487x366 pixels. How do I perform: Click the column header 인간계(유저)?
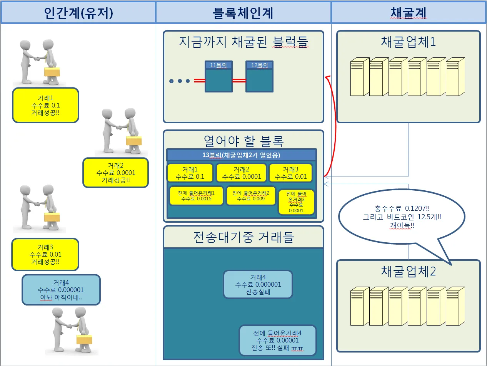click(x=78, y=13)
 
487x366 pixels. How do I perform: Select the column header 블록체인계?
click(x=243, y=13)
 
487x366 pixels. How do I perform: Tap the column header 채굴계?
click(x=409, y=13)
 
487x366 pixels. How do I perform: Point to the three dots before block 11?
click(x=180, y=81)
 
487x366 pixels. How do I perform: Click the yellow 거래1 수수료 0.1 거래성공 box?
click(x=45, y=105)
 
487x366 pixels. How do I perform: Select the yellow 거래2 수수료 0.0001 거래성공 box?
click(x=115, y=173)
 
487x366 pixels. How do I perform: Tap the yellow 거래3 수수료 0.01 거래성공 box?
click(x=45, y=254)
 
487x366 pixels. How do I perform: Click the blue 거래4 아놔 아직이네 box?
click(x=61, y=290)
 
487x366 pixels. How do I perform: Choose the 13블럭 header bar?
click(x=242, y=155)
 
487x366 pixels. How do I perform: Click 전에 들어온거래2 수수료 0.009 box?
click(x=251, y=196)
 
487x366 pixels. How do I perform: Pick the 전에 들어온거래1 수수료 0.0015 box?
click(x=196, y=196)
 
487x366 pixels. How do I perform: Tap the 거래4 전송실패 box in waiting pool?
click(x=258, y=284)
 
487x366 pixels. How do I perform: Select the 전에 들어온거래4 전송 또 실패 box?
click(x=277, y=340)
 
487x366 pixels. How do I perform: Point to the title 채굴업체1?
click(x=408, y=42)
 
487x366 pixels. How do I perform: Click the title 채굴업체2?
click(x=408, y=271)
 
